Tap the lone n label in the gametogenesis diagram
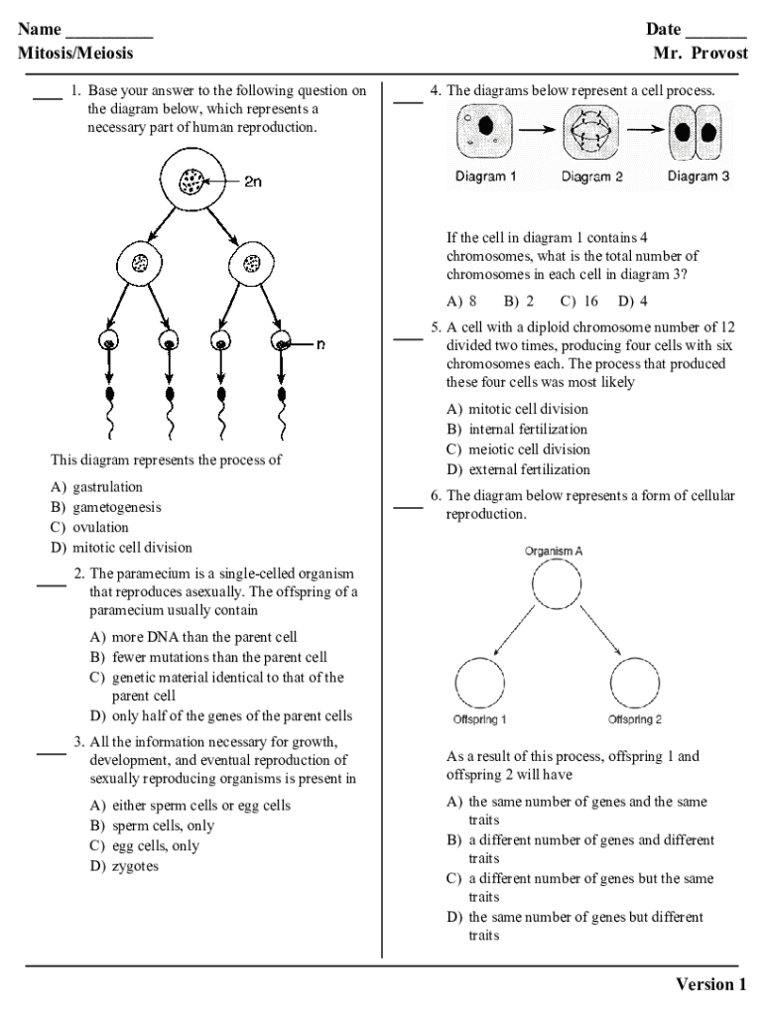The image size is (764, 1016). pos(320,344)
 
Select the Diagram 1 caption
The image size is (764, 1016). pos(485,177)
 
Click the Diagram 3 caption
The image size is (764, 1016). pos(699,177)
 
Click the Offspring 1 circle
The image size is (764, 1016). pos(480,683)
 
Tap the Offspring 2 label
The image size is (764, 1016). pos(635,719)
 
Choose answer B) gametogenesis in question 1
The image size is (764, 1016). pos(106,507)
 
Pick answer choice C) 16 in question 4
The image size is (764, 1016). pos(579,301)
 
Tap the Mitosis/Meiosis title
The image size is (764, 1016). pos(75,53)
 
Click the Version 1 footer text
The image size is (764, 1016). pos(710,984)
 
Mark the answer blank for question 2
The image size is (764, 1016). pos(52,585)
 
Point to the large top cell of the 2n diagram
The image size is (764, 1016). pos(191,182)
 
